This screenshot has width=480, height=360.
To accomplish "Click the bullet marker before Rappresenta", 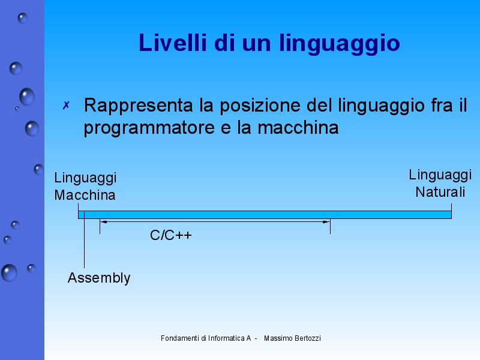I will tap(67, 106).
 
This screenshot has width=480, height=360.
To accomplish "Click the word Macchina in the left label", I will tap(85, 195).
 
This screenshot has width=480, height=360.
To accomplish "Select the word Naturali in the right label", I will tap(440, 192).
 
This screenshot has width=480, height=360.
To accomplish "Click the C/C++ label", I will tap(171, 235).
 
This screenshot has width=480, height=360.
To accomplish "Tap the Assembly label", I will tap(99, 278).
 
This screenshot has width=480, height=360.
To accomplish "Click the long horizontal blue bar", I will tap(270, 214).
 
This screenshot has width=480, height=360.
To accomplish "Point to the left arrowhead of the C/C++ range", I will tap(103, 222).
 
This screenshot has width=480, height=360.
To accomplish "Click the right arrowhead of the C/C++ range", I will tap(326, 222).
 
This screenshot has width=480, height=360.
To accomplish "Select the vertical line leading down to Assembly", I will tap(85, 246).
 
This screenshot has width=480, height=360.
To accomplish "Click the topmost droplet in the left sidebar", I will tap(23, 18).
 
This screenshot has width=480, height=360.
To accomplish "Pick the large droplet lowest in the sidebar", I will tap(9, 273).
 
